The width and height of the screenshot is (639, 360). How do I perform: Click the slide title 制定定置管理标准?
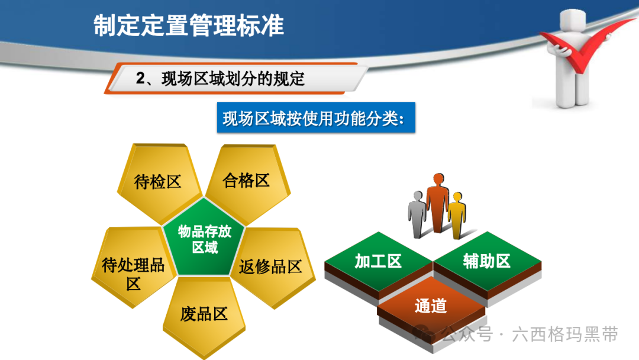click(x=188, y=25)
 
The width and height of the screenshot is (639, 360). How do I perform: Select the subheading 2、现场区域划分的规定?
click(x=220, y=79)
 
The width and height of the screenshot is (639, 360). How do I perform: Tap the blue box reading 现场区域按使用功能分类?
click(x=316, y=117)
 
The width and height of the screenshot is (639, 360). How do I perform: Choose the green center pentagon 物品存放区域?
click(x=204, y=239)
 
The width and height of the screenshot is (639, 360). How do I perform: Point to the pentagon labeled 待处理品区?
click(x=133, y=267)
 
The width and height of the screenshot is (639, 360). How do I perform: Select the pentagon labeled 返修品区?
click(x=272, y=267)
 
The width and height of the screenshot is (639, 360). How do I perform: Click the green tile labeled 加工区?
click(x=378, y=262)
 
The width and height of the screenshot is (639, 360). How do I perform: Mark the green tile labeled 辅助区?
click(x=488, y=262)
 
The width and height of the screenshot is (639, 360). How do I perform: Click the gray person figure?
click(x=417, y=214)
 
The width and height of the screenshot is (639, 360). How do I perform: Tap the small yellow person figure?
click(x=457, y=216)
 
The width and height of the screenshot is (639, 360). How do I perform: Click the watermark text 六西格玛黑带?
click(x=565, y=335)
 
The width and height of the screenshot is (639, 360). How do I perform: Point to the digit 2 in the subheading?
click(x=140, y=79)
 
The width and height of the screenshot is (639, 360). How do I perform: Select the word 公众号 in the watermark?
click(x=467, y=335)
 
